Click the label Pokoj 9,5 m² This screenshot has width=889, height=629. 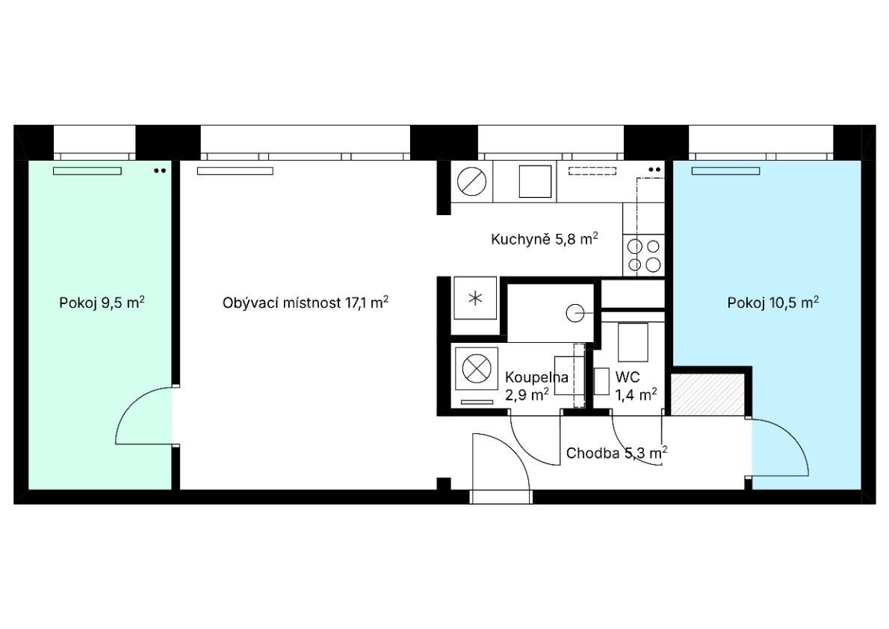102,303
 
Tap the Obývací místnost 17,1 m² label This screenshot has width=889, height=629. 305,303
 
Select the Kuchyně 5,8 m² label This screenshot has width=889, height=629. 545,239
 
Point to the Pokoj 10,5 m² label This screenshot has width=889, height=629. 772,303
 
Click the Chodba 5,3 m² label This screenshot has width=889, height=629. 616,453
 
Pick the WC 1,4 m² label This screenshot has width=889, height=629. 636,385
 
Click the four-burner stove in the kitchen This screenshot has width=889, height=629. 643,255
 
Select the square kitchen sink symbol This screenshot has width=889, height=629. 535,182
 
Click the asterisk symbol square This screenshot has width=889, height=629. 475,298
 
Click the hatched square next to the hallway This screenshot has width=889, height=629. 707,394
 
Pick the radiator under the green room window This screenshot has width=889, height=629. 87,171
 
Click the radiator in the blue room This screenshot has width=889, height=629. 725,171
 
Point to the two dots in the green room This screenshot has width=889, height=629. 160,170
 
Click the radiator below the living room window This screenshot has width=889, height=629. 235,171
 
